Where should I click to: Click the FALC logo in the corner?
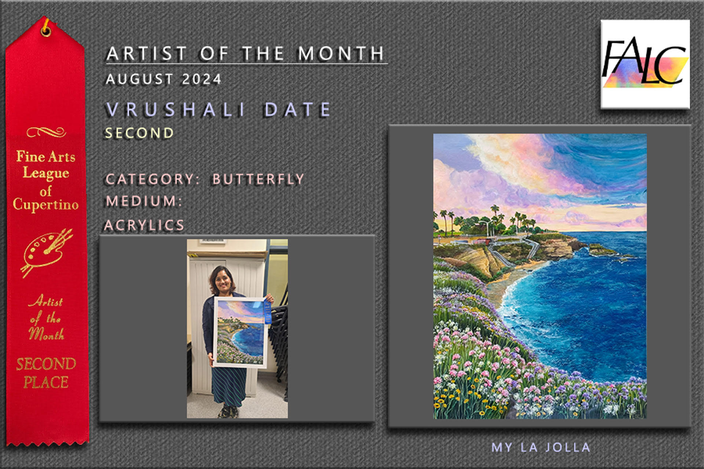645,64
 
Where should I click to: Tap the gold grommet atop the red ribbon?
46,30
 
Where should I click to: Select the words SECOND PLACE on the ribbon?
46,373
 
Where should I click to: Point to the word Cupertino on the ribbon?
46,204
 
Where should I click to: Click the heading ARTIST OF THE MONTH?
245,53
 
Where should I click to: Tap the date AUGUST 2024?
164,79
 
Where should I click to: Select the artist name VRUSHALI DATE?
219,110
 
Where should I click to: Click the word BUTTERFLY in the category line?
258,179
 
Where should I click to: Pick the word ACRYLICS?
144,225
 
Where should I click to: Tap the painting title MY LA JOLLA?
541,447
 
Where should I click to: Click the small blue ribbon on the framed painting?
267,312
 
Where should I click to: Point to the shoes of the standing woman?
228,412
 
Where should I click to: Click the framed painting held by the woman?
241,332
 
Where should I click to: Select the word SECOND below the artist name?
139,133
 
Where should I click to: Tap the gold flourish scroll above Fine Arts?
46,132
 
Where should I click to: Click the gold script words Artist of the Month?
47,317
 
